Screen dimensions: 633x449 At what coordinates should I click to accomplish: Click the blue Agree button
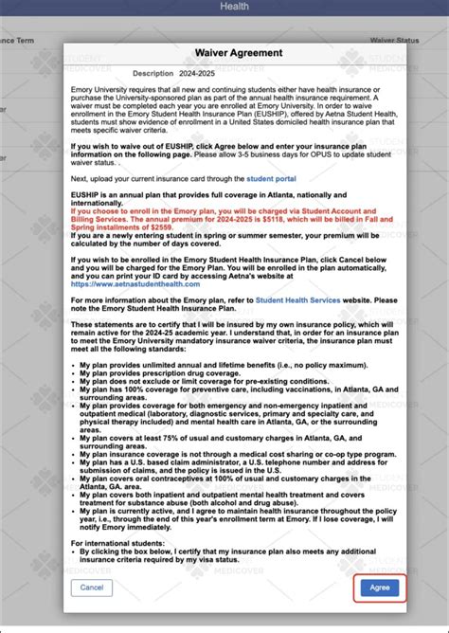378,588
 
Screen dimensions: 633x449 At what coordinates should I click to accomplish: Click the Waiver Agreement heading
224,54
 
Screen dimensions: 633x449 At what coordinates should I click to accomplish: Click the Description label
153,73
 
